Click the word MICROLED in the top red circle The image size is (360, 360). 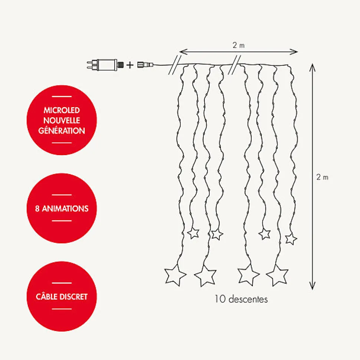click(x=62, y=111)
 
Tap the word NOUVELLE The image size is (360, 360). click(x=62, y=121)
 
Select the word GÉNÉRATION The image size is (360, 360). click(x=62, y=131)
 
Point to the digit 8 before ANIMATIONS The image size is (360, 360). click(x=37, y=209)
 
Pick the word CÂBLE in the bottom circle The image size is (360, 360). click(x=47, y=297)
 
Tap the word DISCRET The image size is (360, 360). click(x=74, y=297)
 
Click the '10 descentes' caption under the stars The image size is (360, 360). click(x=241, y=299)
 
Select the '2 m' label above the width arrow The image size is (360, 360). click(x=239, y=45)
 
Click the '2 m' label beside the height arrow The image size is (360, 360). click(x=323, y=177)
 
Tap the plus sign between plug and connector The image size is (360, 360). click(x=130, y=65)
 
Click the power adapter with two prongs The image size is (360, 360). click(x=104, y=65)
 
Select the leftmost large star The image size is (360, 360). click(x=175, y=275)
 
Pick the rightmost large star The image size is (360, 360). click(x=277, y=275)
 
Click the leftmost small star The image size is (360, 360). click(x=193, y=233)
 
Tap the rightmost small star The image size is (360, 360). click(x=291, y=239)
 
